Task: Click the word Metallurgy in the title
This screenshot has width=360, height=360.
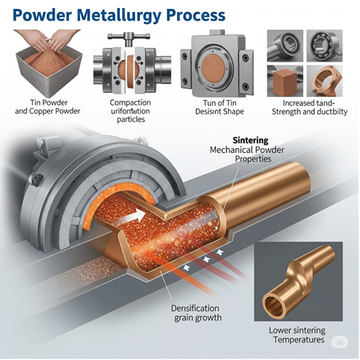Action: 119,15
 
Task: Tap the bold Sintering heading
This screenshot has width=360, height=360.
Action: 250,140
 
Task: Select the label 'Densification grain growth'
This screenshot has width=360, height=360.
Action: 197,313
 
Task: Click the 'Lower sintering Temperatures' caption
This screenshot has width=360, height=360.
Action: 297,335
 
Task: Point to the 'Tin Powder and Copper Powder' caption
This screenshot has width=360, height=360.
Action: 47,106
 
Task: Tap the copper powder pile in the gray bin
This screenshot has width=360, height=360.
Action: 49,59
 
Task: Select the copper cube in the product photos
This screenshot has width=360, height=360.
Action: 283,81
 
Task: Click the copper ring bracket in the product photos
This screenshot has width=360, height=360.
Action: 325,81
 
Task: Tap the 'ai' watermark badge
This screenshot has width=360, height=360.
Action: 339,342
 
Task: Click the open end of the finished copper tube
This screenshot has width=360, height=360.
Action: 274,306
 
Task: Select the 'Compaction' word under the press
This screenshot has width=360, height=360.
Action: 130,102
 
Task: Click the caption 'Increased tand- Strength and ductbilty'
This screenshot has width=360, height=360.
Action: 310,107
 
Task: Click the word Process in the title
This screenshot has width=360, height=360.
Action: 196,15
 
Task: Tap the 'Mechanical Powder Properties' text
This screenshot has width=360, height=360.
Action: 247,154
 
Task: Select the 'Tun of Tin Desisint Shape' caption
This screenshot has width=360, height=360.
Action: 219,107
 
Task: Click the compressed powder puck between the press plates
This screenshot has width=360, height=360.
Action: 129,72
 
